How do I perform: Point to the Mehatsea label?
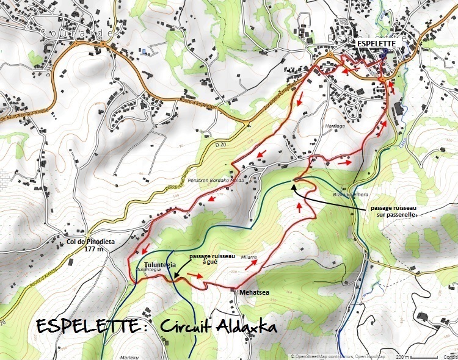tap(253, 292)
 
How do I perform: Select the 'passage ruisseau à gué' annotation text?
tap(213, 261)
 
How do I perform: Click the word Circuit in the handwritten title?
tap(198, 326)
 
